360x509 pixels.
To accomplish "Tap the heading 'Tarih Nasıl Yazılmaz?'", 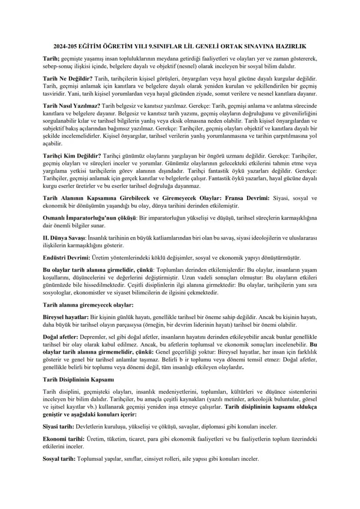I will [x=71, y=106].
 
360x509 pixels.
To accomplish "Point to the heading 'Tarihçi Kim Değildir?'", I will [x=72, y=155].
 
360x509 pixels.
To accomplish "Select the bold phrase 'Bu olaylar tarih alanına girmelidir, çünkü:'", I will [x=98, y=269].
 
